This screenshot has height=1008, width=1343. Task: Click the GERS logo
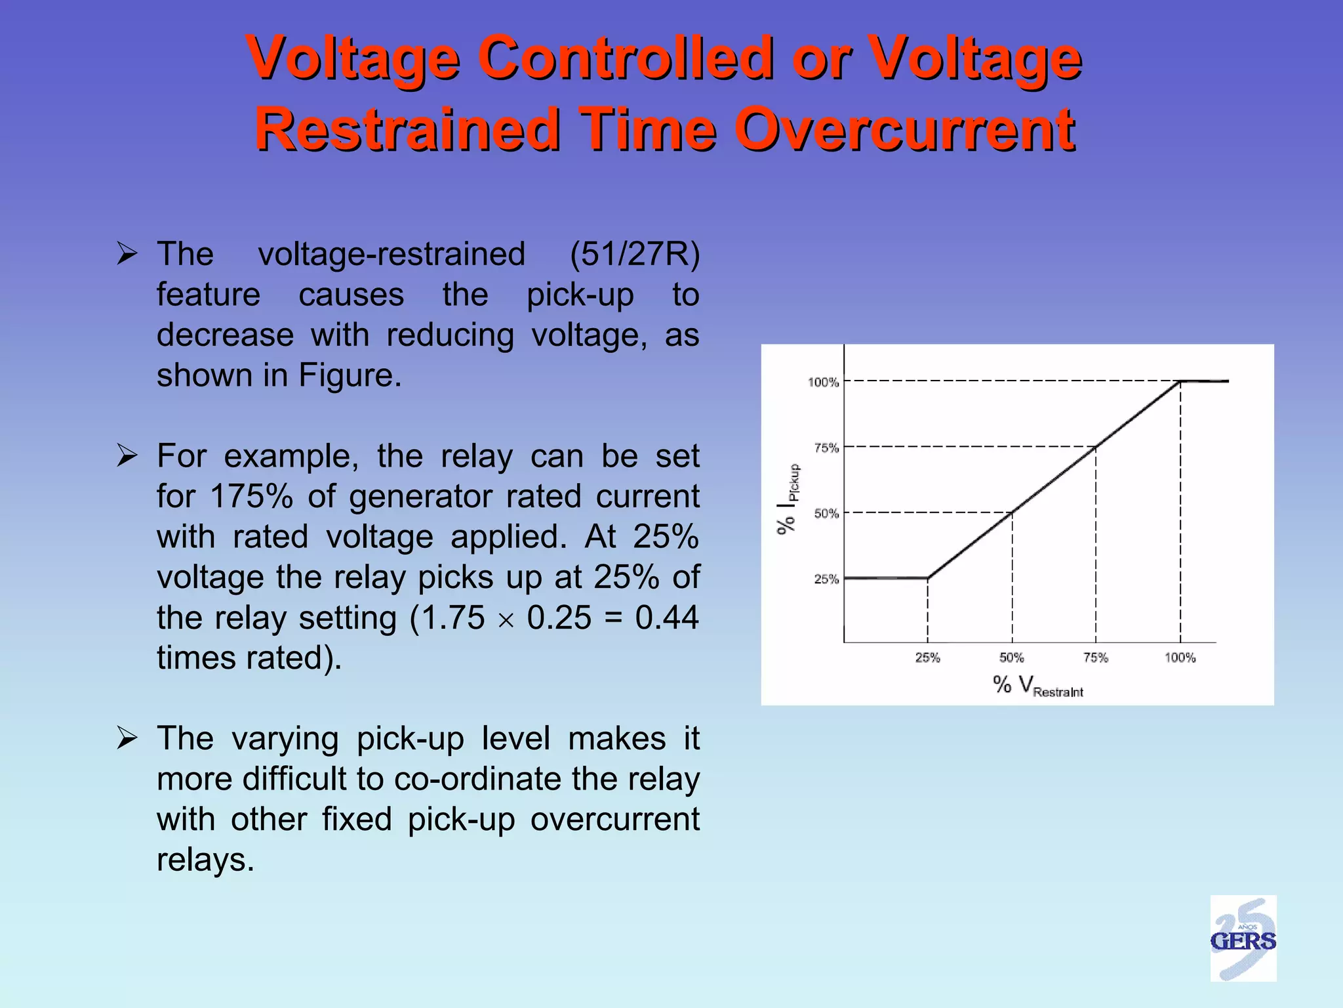click(x=1243, y=938)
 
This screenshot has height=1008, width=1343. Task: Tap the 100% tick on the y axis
click(x=823, y=382)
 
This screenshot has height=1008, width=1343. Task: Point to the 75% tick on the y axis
click(x=826, y=448)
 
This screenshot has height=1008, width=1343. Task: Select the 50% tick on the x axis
click(x=1011, y=657)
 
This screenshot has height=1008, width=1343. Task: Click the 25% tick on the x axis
click(x=927, y=657)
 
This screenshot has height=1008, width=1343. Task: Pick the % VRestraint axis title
click(x=1037, y=686)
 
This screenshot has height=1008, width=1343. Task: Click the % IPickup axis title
click(x=788, y=499)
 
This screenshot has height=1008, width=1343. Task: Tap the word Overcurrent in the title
click(x=905, y=129)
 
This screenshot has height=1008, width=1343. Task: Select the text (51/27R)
click(x=634, y=254)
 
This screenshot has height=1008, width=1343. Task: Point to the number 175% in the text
click(x=251, y=496)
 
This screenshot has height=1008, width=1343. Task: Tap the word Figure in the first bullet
click(x=350, y=375)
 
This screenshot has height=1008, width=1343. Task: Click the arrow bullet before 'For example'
click(x=127, y=455)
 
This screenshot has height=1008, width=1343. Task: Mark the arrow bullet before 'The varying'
click(x=127, y=738)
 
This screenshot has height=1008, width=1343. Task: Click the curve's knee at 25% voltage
click(x=927, y=577)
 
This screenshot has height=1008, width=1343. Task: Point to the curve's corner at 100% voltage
click(x=1180, y=381)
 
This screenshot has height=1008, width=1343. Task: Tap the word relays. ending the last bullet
click(x=205, y=860)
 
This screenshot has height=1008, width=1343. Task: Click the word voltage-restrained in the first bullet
click(x=391, y=254)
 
